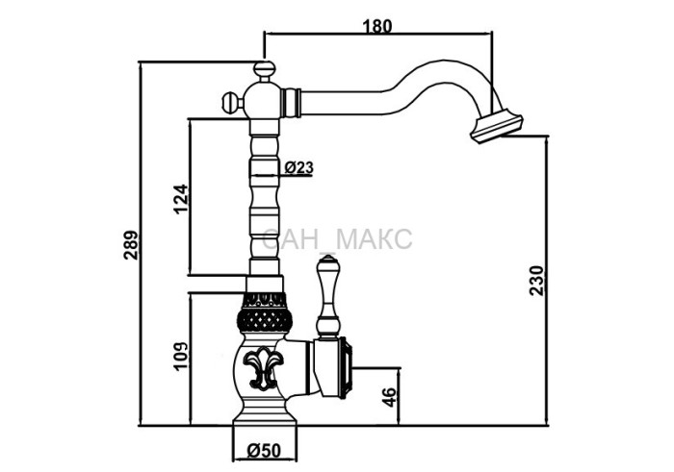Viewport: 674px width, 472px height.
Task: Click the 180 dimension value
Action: point(377,26)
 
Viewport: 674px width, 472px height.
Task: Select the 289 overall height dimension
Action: point(131,245)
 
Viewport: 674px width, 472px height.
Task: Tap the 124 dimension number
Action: point(181,199)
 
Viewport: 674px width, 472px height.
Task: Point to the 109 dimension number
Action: point(181,356)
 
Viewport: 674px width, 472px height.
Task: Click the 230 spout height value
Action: point(536,281)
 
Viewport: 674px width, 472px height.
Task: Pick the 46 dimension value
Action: point(389,397)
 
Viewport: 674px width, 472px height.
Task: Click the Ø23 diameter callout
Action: point(299,167)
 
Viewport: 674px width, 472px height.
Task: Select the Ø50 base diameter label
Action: point(264,451)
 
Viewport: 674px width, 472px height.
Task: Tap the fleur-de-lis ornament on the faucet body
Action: point(263,368)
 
